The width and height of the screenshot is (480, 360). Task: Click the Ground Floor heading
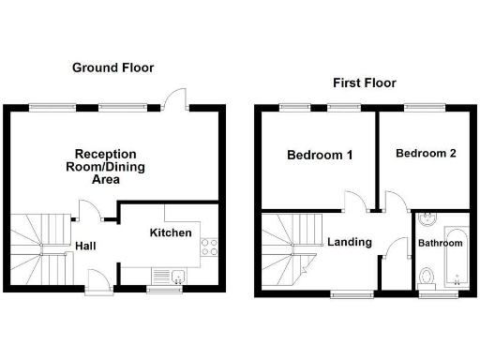[x=112, y=67]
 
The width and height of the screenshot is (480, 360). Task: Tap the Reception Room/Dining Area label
[x=106, y=166]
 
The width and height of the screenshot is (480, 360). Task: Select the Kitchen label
[x=171, y=232]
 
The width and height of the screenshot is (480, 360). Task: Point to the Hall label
[x=84, y=247]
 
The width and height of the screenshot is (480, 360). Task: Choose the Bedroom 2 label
[x=426, y=153]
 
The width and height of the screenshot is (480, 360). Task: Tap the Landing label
[x=349, y=242]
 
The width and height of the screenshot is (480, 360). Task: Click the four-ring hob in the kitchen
[x=210, y=247]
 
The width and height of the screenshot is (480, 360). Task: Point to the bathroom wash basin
[x=426, y=221]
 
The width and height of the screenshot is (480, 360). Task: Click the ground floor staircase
[x=42, y=248]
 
